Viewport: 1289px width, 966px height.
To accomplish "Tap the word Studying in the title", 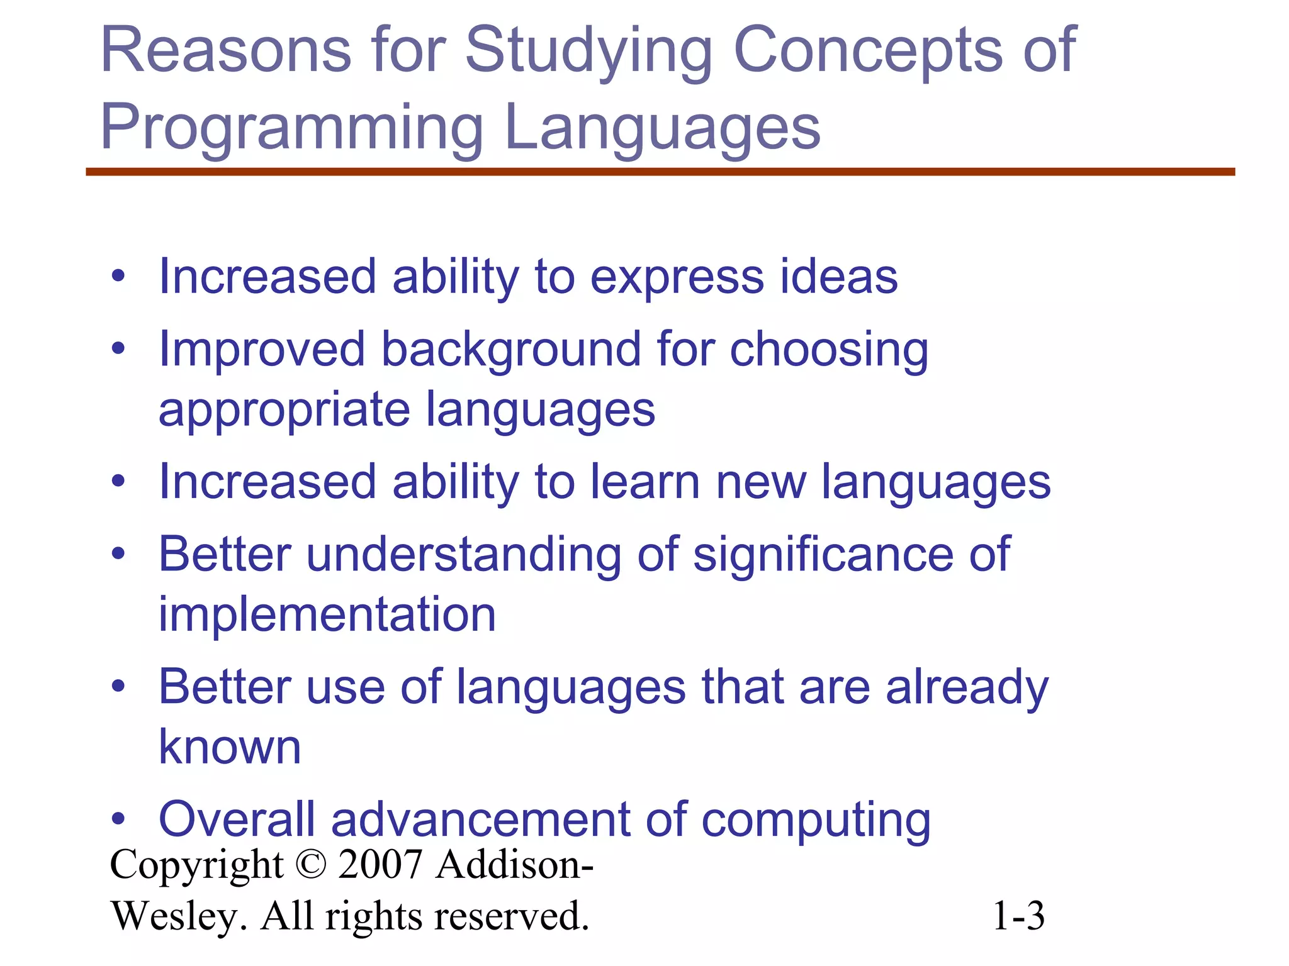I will [x=588, y=53].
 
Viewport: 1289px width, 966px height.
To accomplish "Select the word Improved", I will [x=262, y=350].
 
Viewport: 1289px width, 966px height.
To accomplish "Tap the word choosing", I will [x=829, y=350].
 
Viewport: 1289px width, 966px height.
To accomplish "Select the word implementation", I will [x=327, y=614].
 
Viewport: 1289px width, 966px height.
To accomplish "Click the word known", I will [x=230, y=747].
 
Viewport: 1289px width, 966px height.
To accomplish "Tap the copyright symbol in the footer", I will [x=310, y=865].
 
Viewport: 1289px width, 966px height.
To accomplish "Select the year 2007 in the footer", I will [x=380, y=865].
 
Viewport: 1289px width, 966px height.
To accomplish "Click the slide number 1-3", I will [x=1018, y=916].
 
